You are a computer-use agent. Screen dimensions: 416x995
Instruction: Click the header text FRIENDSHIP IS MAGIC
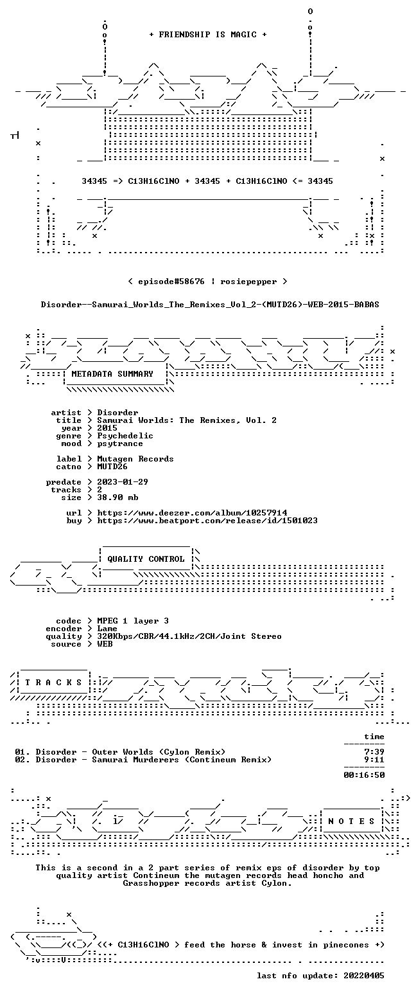(x=208, y=35)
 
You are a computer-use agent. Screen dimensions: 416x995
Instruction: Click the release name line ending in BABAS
(x=210, y=305)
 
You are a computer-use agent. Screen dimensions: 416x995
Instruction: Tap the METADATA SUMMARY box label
(x=112, y=374)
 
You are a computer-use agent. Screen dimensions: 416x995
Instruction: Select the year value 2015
(x=107, y=428)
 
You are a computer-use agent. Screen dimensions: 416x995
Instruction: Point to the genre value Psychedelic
(x=125, y=436)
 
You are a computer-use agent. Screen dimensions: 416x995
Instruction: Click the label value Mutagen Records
(x=135, y=459)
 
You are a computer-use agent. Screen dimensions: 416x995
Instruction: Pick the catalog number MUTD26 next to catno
(x=112, y=467)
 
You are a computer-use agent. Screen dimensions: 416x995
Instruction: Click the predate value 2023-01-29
(x=123, y=482)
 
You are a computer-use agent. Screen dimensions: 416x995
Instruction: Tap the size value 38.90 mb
(x=117, y=497)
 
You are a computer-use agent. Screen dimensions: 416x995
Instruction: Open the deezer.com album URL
(x=192, y=513)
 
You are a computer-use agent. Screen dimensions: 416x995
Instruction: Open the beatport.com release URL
(x=207, y=521)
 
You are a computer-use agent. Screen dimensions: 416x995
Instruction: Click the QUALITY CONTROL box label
(x=146, y=559)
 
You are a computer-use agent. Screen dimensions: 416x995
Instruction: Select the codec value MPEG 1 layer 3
(x=133, y=621)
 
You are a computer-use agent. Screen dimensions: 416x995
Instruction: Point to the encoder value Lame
(x=107, y=629)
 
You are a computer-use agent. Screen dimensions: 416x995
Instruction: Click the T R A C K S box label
(x=54, y=683)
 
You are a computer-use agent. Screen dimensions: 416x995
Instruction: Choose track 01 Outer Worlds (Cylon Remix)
(x=120, y=752)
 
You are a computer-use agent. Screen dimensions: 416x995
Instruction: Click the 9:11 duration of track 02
(x=374, y=760)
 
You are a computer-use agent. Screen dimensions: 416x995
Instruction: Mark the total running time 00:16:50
(x=364, y=775)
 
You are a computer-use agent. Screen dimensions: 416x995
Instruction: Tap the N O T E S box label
(x=352, y=821)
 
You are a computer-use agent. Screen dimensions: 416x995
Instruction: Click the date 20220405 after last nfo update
(x=363, y=976)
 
